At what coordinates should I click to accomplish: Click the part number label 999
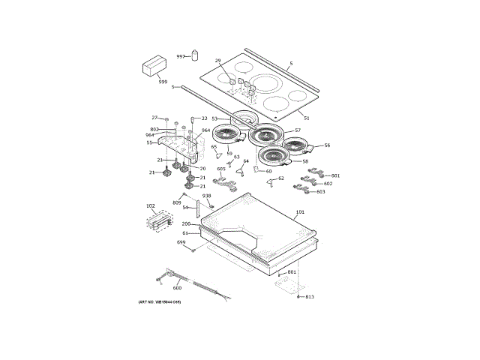[163, 81]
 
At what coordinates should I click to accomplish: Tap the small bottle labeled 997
[194, 55]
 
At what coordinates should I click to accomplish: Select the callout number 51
[306, 118]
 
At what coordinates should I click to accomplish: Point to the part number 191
[300, 212]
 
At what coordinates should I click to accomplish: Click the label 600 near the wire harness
[177, 288]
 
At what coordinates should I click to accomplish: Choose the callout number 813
[310, 297]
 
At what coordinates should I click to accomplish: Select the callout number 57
[297, 130]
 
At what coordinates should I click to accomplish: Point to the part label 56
[327, 145]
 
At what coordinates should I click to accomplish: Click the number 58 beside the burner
[305, 161]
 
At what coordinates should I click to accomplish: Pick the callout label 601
[335, 175]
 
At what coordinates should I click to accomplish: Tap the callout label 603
[320, 192]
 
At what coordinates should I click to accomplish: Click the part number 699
[181, 242]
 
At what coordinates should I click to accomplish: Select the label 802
[154, 130]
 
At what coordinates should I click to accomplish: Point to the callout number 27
[154, 118]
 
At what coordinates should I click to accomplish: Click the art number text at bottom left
[160, 302]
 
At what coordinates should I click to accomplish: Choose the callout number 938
[206, 196]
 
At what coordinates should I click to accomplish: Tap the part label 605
[221, 169]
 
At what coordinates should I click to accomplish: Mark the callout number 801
[292, 271]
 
